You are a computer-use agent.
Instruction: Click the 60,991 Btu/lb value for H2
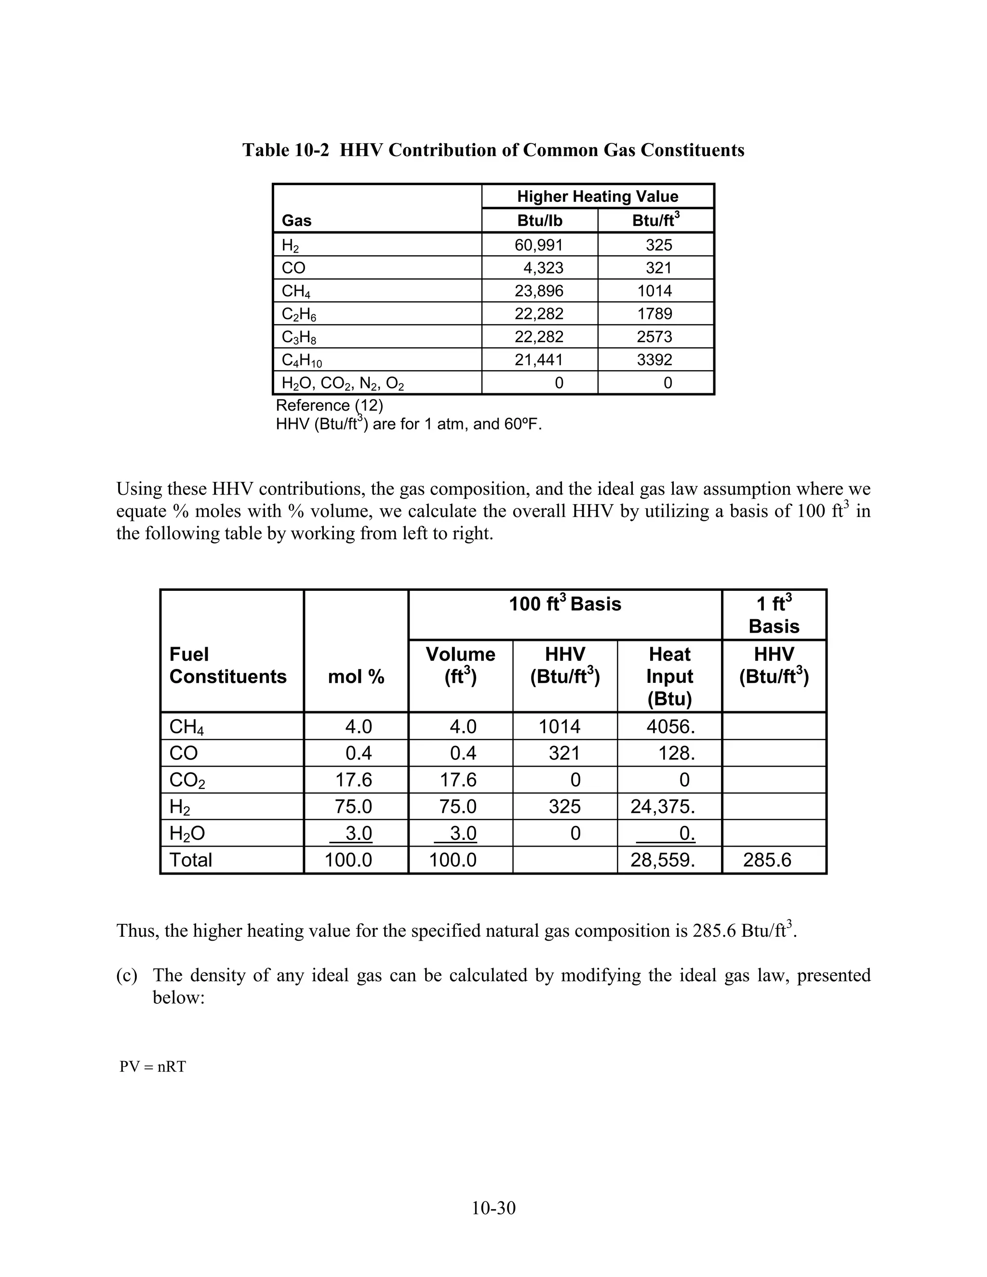(538, 245)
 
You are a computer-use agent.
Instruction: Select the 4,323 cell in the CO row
(543, 268)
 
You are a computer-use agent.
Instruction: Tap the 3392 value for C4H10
(654, 359)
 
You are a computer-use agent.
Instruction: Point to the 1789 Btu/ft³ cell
(654, 314)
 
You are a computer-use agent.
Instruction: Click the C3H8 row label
(299, 337)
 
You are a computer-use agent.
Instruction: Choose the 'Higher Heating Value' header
(597, 197)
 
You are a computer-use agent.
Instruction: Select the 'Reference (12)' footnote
(329, 405)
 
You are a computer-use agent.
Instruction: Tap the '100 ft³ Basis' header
(564, 604)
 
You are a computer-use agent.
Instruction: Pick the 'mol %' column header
(356, 677)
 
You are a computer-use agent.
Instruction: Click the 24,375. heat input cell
(663, 807)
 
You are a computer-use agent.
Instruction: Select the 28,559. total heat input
(663, 860)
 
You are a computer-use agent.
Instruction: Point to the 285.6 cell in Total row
(767, 860)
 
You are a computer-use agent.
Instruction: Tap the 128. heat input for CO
(677, 753)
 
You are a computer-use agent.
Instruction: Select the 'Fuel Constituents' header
(227, 665)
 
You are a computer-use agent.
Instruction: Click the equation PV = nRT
(153, 1067)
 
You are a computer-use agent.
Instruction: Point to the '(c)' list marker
(127, 975)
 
